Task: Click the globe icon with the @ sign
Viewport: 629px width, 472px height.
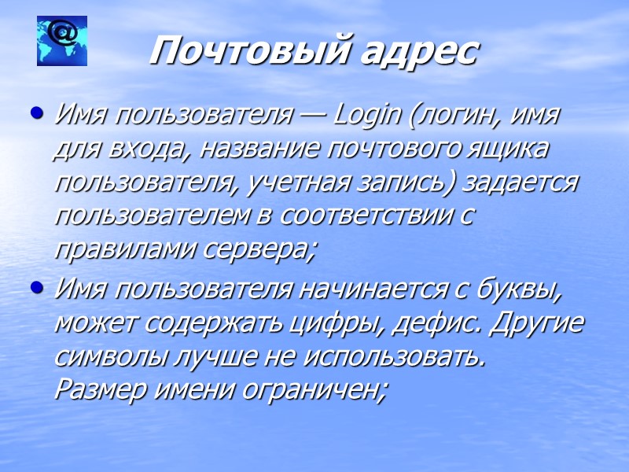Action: coord(62,41)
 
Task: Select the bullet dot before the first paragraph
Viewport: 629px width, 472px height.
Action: coord(35,114)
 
